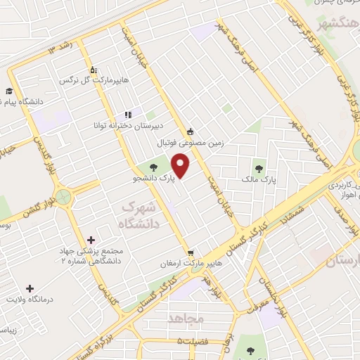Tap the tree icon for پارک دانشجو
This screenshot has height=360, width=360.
(x=154, y=167)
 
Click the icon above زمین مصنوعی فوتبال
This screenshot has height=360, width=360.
(x=190, y=131)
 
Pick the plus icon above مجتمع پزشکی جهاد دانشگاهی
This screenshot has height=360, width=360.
(x=91, y=240)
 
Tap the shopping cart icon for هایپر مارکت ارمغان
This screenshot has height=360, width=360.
(x=190, y=253)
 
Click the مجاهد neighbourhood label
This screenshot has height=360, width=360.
(x=186, y=319)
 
